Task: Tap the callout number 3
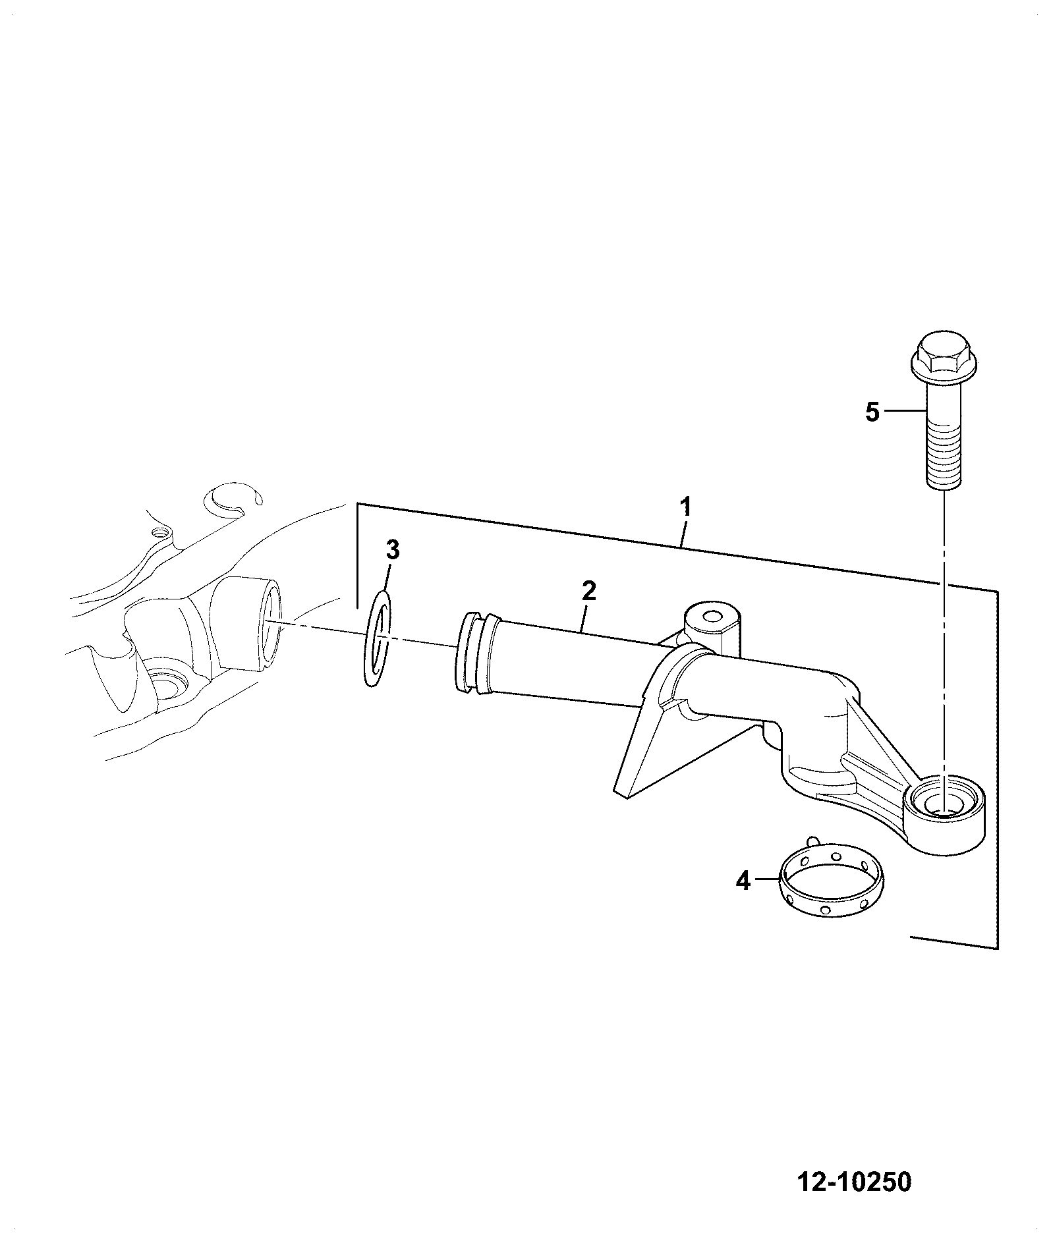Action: [392, 549]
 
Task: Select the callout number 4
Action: [743, 880]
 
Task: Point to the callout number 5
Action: [872, 412]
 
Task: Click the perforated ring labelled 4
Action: [832, 881]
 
